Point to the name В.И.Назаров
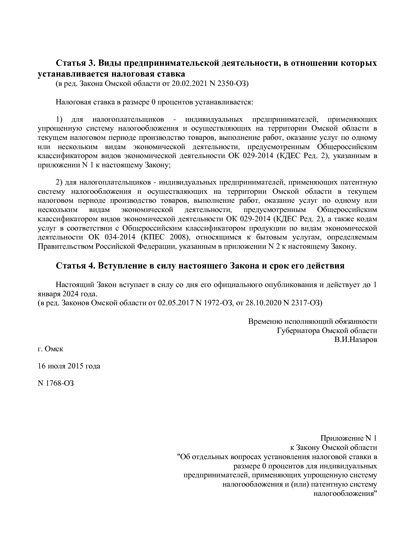coord(356,340)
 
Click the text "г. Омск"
coord(50,349)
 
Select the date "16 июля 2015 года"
coord(69,366)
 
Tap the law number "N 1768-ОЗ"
coord(56,383)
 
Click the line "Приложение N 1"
coord(349,438)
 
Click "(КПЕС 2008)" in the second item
coord(163,238)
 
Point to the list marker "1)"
coord(59,119)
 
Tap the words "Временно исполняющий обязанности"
coord(313,322)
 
